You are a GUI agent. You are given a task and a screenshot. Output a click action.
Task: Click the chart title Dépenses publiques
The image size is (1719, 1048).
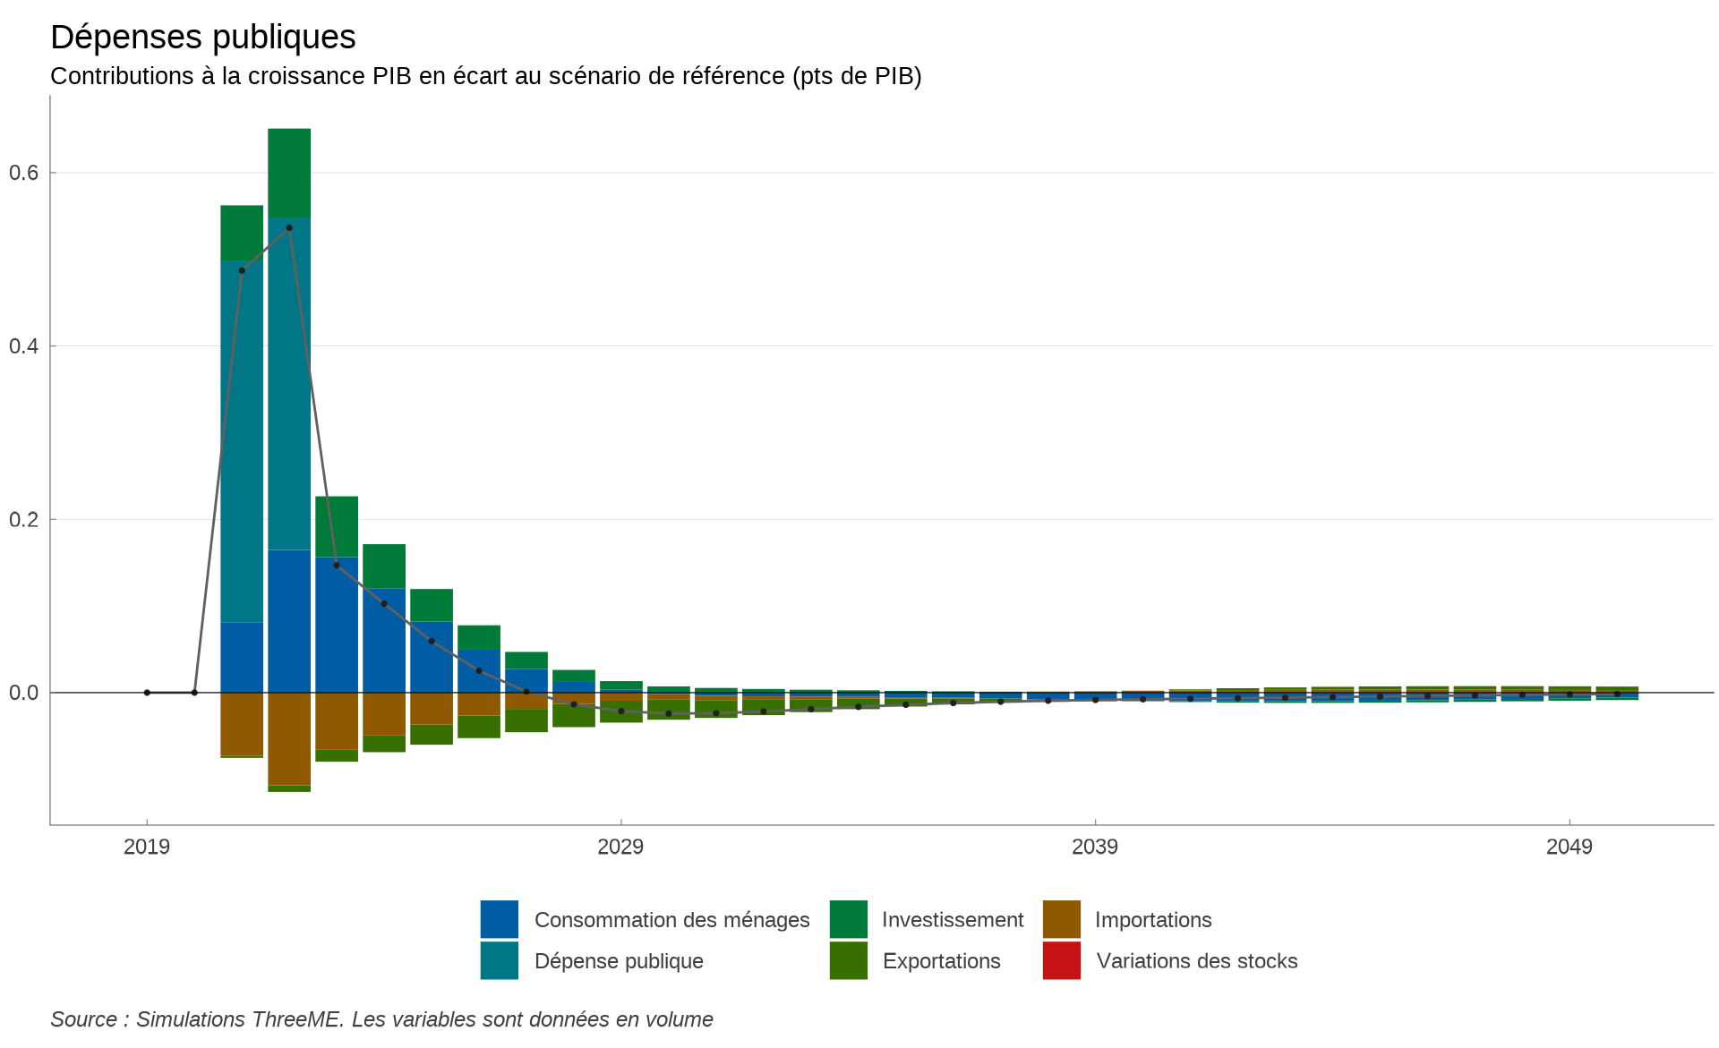[203, 38]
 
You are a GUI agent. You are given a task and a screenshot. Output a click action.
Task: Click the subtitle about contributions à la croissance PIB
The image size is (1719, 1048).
[485, 76]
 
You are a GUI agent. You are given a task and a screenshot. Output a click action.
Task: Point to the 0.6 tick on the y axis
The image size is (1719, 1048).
[24, 173]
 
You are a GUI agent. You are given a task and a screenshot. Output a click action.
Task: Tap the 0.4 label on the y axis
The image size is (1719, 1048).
[24, 346]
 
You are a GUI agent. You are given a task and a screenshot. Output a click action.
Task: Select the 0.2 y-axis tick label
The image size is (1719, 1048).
[24, 520]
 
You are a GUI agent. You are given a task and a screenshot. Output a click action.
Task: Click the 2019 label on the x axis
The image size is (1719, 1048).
[147, 847]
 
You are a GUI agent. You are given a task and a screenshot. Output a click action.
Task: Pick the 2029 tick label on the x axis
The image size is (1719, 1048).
[620, 847]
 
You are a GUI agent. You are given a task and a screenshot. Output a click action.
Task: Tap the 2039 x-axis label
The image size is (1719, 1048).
[1095, 847]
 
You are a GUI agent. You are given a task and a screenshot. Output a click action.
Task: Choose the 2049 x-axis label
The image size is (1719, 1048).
[1569, 847]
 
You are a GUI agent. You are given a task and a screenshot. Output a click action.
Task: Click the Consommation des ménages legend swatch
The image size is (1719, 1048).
[500, 919]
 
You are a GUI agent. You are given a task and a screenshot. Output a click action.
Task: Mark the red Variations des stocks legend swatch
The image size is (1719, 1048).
[1062, 960]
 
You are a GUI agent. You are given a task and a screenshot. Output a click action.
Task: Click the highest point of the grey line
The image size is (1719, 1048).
[289, 228]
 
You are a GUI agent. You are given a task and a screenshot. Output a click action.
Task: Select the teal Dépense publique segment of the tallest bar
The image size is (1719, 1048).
[289, 385]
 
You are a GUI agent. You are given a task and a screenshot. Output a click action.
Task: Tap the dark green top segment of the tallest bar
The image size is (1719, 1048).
[289, 173]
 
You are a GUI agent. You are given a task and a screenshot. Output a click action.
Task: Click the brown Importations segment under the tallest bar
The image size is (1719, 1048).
[289, 738]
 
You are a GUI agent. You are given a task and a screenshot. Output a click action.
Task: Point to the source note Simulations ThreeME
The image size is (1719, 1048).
[381, 1019]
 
